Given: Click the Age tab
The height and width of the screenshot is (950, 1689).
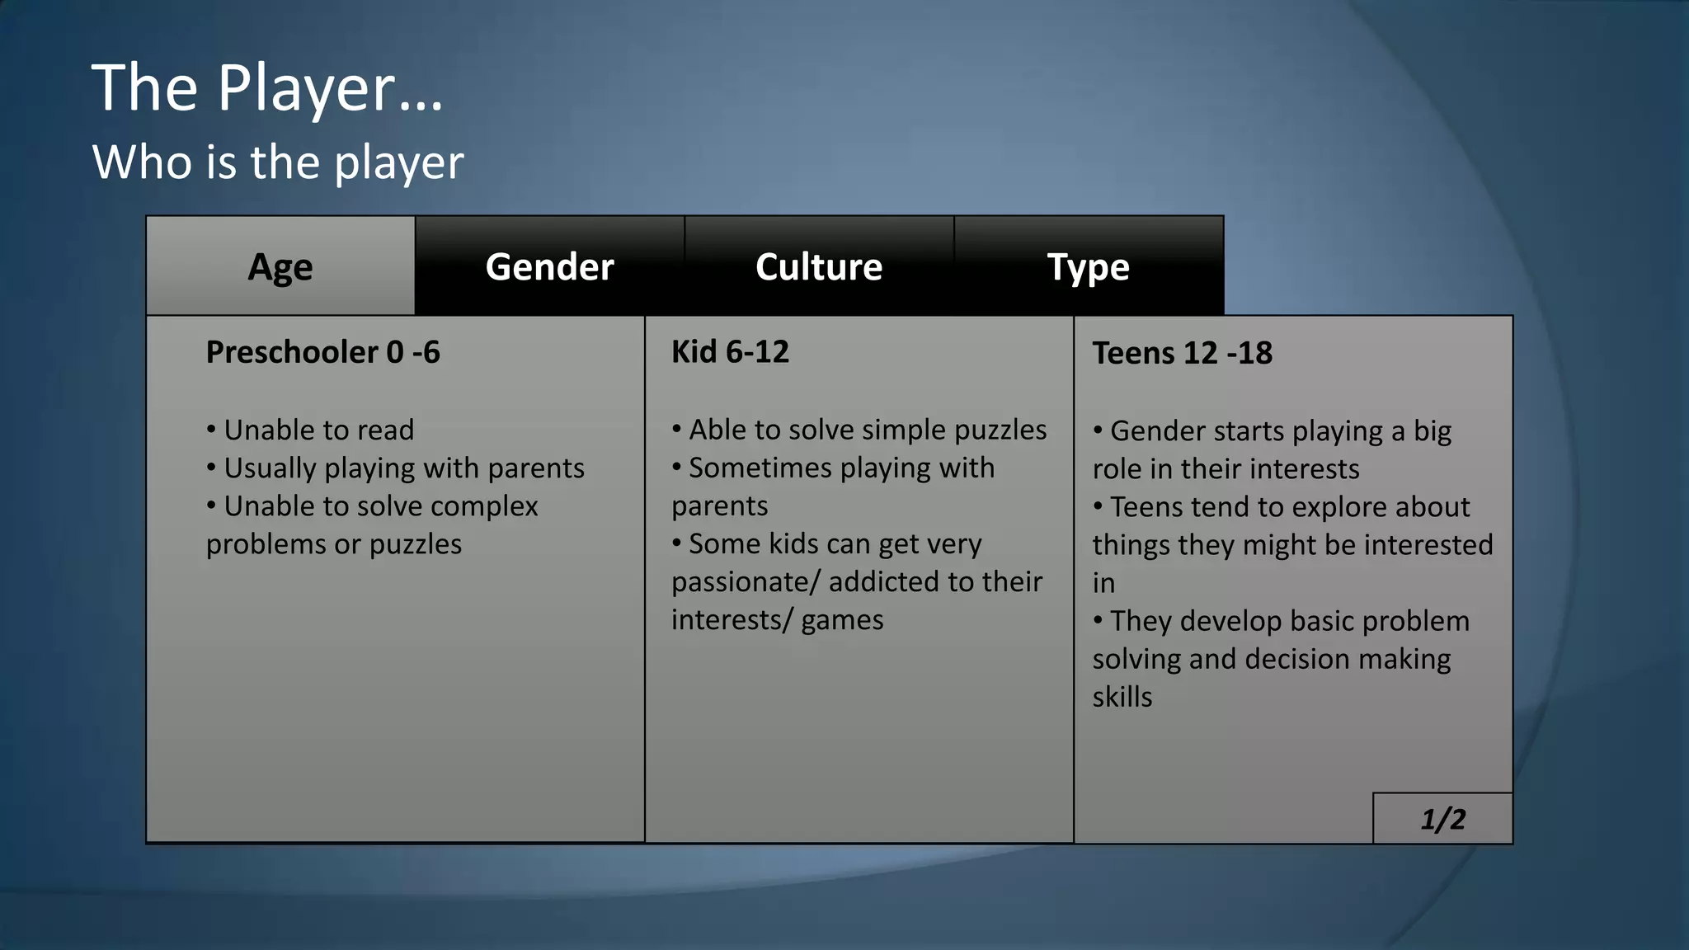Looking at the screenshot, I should click(280, 266).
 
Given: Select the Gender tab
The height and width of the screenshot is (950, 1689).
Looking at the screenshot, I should click(549, 266).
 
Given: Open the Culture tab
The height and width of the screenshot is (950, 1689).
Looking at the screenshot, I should click(819, 266).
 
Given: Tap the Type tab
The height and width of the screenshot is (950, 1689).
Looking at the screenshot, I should click(1088, 266).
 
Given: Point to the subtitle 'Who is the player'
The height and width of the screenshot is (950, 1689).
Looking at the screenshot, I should click(278, 162).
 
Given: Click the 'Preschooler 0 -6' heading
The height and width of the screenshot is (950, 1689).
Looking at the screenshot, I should click(322, 352).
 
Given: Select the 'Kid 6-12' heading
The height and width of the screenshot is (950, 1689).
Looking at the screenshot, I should click(730, 352).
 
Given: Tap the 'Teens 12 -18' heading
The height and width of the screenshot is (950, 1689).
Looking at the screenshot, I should click(1182, 353).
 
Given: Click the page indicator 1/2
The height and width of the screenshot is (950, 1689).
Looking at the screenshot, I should click(1442, 819).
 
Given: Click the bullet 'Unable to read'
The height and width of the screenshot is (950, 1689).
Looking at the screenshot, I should click(318, 430).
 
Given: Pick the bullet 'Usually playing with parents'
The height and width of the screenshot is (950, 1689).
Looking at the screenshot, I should click(404, 468).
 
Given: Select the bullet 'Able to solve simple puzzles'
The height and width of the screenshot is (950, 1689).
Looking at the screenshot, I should click(868, 430).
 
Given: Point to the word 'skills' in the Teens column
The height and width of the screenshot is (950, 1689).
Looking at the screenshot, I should click(1122, 697).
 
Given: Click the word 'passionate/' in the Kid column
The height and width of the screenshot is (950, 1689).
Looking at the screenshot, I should click(746, 581).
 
